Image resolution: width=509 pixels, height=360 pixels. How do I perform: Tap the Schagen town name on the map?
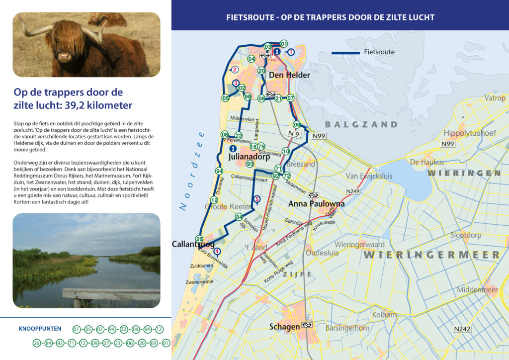coord(284,327)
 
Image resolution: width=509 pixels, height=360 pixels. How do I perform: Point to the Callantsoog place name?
coord(193,244)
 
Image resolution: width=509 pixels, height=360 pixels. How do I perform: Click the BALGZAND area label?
coord(361,124)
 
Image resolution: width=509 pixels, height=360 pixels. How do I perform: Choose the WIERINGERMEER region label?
coord(431,255)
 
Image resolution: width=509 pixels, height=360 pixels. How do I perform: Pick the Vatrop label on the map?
coord(495,98)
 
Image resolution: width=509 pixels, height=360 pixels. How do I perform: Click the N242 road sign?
coord(462,329)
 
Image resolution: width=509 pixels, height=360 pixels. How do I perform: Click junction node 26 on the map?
coord(199,239)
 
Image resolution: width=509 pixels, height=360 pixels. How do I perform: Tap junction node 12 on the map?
coord(214,200)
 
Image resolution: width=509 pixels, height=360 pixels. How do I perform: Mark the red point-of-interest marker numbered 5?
coord(256,200)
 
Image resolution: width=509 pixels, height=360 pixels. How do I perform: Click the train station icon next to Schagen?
coord(308,326)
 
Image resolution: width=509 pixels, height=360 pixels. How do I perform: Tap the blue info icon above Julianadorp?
coord(232,148)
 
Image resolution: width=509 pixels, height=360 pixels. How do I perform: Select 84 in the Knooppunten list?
coord(49,343)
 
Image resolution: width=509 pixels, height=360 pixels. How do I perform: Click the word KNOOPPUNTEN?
coord(40,329)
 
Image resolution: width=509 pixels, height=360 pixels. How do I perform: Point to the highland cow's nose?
coord(64,56)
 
